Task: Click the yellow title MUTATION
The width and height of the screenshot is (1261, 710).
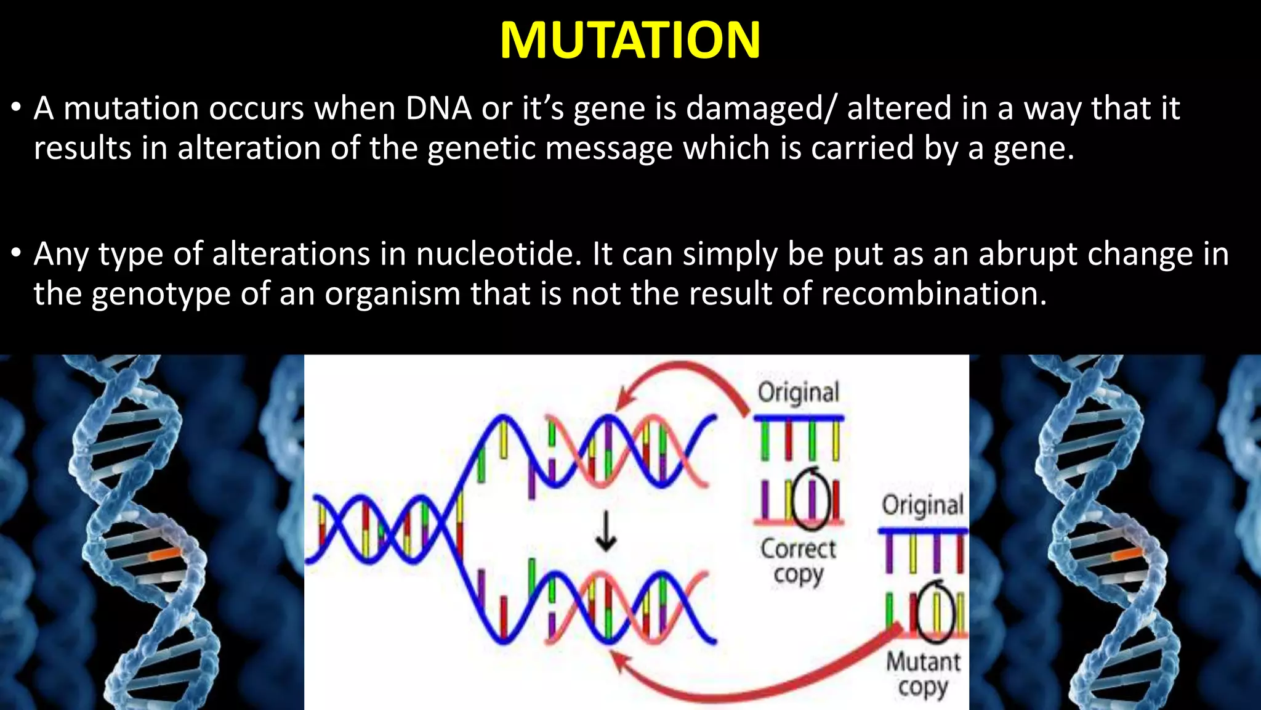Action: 630,41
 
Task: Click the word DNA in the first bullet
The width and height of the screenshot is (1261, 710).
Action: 438,108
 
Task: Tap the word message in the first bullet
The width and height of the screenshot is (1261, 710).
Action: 609,149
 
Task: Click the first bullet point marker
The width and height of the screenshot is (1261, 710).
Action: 17,108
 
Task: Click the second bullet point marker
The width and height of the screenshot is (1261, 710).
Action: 17,254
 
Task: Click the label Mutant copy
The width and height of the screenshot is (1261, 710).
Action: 923,674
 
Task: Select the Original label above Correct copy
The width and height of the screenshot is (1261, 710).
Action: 798,393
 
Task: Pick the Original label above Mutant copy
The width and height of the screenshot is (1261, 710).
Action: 922,505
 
